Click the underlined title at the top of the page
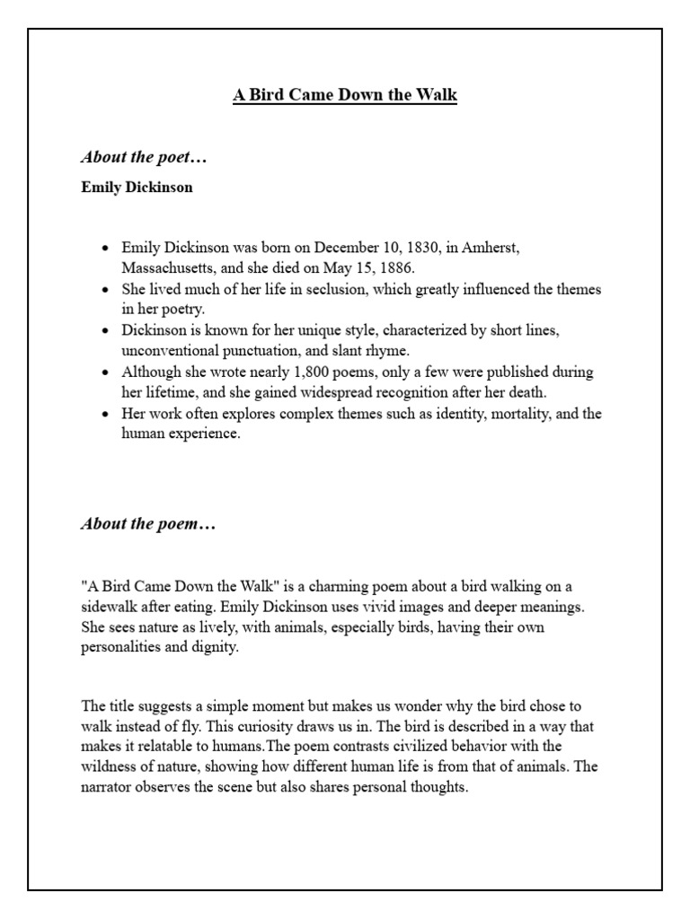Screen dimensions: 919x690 point(345,96)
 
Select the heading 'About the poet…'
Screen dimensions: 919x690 point(144,158)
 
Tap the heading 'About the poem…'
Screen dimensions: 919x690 point(148,524)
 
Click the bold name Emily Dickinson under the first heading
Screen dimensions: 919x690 point(136,188)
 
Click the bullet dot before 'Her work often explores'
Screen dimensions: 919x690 point(106,414)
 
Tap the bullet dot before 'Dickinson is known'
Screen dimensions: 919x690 point(106,331)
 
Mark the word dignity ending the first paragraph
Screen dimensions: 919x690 point(217,648)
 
